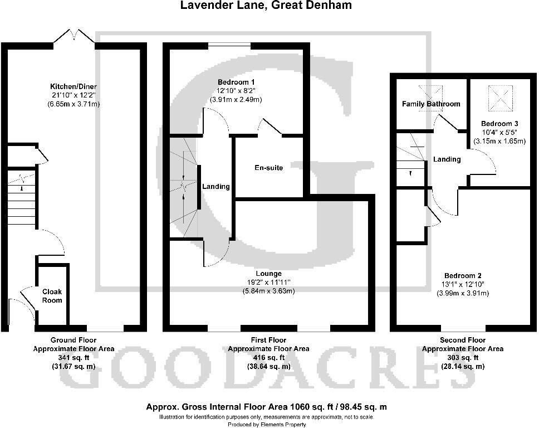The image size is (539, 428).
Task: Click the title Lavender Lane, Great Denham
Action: (x=266, y=6)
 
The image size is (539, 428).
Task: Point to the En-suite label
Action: (x=269, y=168)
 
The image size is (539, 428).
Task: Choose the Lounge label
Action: (x=268, y=274)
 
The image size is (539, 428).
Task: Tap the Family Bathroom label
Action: (x=431, y=104)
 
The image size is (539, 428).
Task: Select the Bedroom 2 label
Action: (x=463, y=275)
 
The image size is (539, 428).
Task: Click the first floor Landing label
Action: (x=215, y=187)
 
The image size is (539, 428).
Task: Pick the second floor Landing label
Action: (x=447, y=159)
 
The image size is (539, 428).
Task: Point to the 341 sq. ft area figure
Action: (x=73, y=358)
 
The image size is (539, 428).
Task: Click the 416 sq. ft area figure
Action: (x=268, y=358)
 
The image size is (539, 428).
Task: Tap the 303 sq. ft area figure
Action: (x=463, y=358)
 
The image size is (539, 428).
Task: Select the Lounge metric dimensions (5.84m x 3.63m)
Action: (x=268, y=291)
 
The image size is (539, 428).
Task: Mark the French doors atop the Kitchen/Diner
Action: (x=74, y=35)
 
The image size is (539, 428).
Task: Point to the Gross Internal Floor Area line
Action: (x=266, y=407)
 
